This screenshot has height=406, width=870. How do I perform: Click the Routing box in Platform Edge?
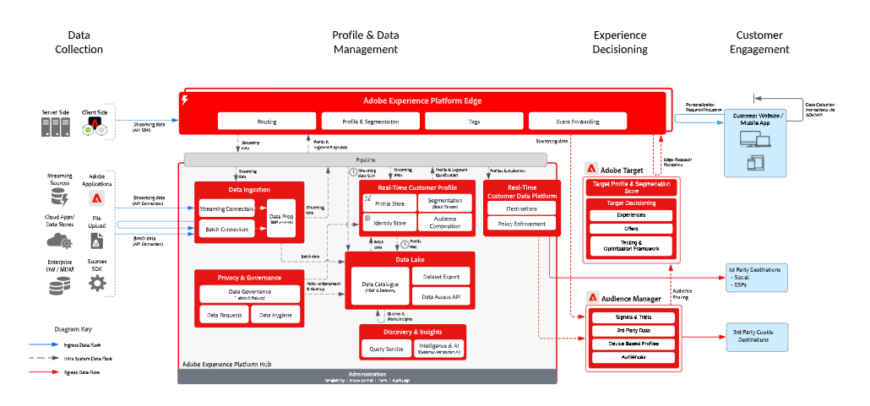267,122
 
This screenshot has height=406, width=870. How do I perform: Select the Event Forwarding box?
578,122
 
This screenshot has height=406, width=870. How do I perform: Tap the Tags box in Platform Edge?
473,122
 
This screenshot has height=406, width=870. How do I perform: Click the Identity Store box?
389,224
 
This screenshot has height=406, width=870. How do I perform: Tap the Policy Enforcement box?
521,225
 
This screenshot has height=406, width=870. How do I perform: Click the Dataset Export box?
441,275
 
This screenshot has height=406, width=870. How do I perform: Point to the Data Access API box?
441,296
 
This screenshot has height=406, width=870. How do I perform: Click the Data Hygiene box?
275,315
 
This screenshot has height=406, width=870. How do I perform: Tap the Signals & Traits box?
633,317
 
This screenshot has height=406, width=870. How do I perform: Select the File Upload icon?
97,244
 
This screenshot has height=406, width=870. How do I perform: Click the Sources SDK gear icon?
97,284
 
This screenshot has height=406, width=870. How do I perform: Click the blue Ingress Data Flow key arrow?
43,344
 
